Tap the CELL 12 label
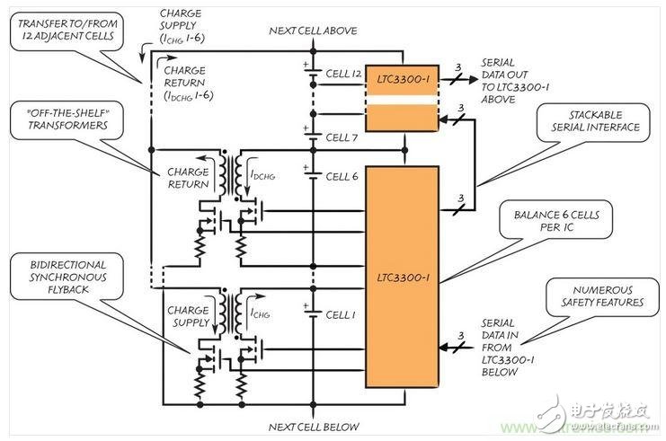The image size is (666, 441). (x=342, y=73)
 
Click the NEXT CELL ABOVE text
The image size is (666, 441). (x=314, y=31)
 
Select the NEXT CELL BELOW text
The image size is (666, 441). (x=314, y=426)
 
